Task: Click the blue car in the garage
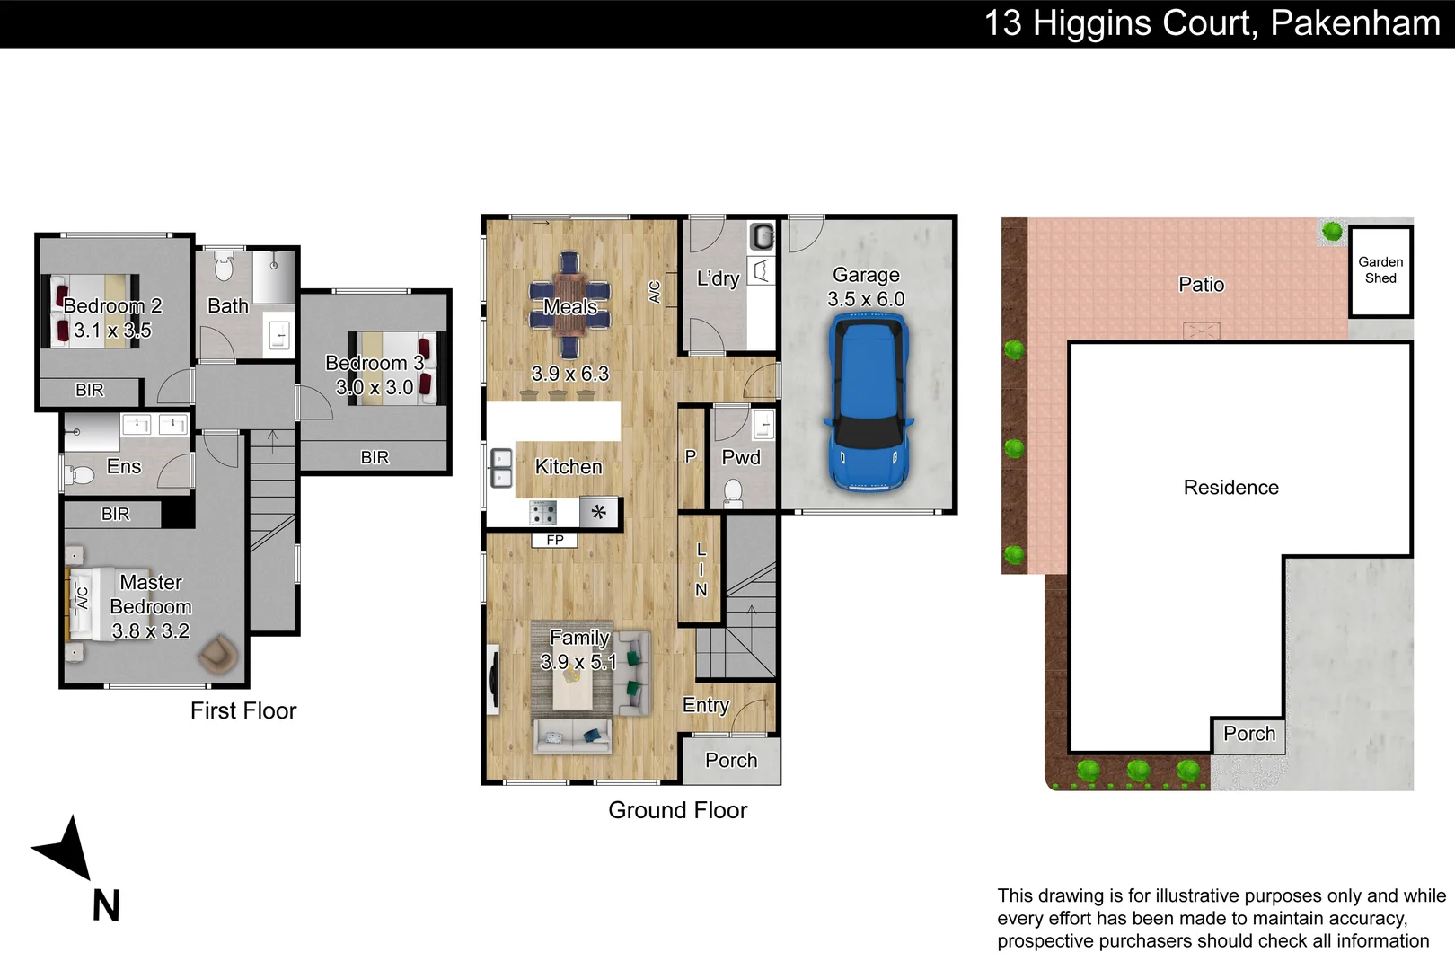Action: point(869,402)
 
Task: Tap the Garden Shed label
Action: point(1380,269)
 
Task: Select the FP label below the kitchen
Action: point(555,540)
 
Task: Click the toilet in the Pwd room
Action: point(733,492)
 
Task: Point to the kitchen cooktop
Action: point(543,513)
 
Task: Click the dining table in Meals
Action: point(569,304)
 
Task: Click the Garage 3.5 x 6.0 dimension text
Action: point(866,299)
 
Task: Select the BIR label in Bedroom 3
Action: point(375,457)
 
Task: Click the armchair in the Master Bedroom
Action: point(218,653)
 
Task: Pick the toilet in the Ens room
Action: point(79,475)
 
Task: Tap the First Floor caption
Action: point(243,710)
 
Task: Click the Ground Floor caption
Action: point(677,810)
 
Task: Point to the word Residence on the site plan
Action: point(1230,488)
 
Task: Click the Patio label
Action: point(1201,285)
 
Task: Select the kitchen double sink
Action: point(501,468)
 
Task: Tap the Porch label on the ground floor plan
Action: point(731,760)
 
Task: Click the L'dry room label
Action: point(718,278)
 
